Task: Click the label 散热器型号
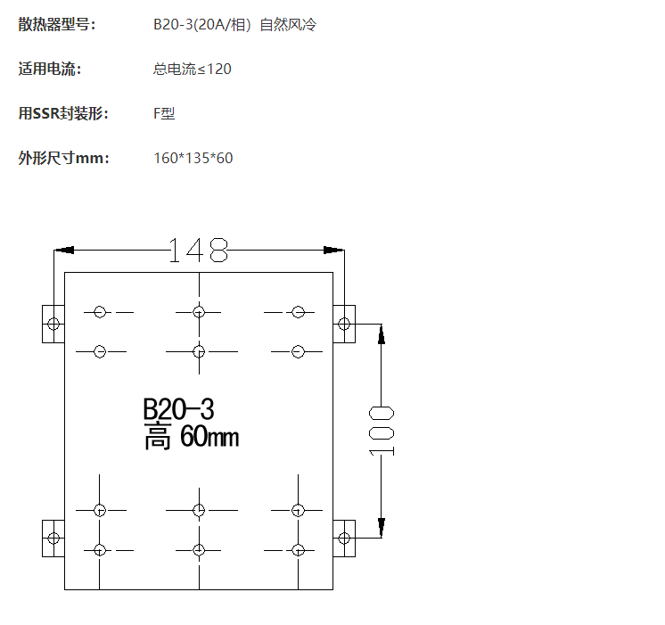[x=56, y=25]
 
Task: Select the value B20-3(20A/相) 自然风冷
[x=234, y=25]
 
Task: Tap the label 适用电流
[x=49, y=70]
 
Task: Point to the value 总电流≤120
[x=192, y=70]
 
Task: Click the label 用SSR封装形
[x=63, y=114]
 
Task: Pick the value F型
[x=164, y=114]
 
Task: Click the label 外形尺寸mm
[x=63, y=159]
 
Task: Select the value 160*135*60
[x=193, y=159]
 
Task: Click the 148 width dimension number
[x=199, y=251]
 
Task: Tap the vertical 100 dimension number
[x=382, y=429]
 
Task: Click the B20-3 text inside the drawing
[x=178, y=409]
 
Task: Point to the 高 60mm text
[x=191, y=437]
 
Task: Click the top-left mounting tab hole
[x=53, y=324]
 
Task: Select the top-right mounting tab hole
[x=343, y=324]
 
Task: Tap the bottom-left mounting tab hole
[x=53, y=539]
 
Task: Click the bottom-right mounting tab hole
[x=343, y=539]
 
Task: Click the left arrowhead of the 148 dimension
[x=63, y=251]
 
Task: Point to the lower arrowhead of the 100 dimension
[x=382, y=529]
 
